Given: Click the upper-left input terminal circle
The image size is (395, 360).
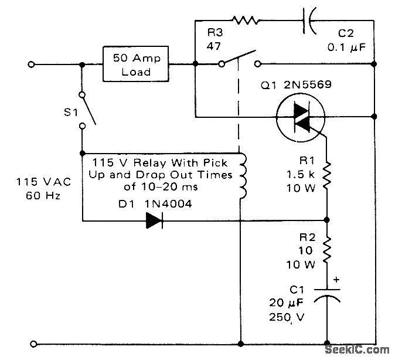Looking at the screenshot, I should click(x=32, y=63).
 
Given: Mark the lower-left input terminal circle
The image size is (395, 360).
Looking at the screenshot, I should click(x=32, y=342).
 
